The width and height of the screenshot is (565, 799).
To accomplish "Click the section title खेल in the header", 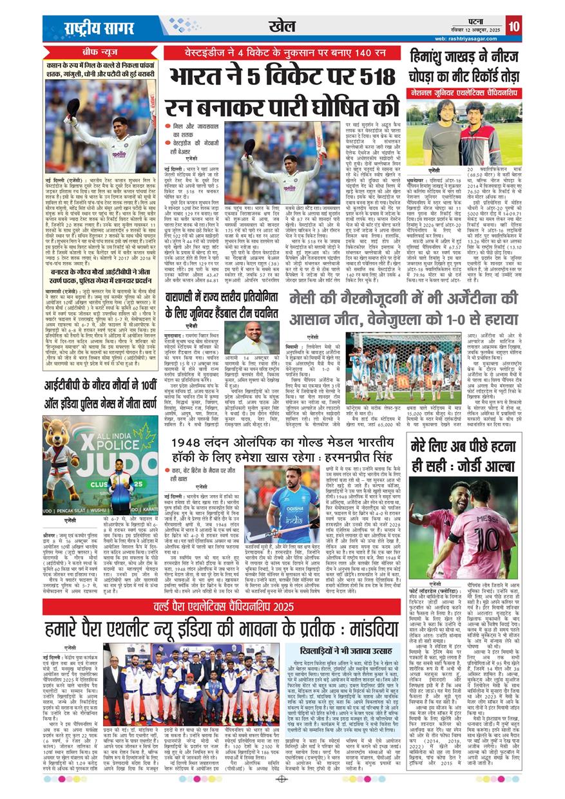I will pos(283,25).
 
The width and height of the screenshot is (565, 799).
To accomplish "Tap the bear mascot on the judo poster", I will pos(62,462).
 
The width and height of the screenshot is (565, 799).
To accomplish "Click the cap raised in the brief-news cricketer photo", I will pos(73,104).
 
